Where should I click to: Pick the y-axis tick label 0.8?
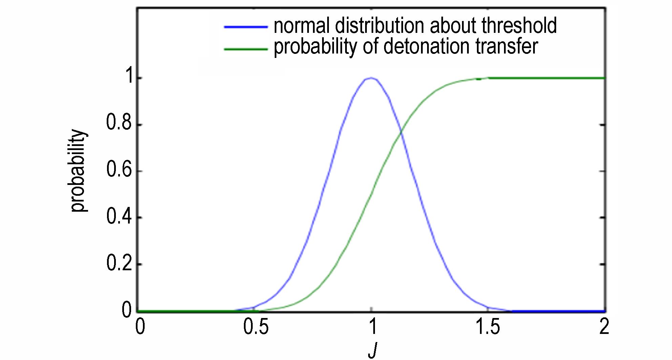click(119, 123)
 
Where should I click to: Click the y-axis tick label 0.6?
click(119, 170)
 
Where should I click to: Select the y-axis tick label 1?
click(128, 77)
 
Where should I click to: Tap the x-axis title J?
click(372, 351)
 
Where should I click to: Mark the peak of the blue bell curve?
click(372, 78)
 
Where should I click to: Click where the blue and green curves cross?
click(401, 133)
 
